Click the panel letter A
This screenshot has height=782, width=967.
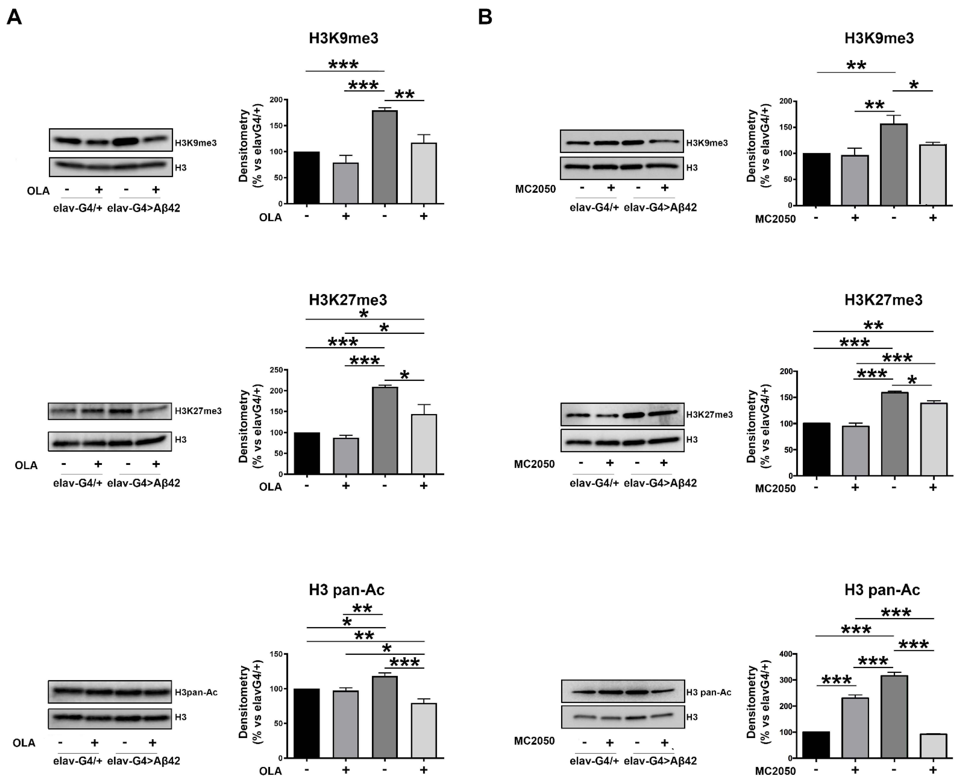(x=14, y=17)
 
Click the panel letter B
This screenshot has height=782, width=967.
(x=485, y=17)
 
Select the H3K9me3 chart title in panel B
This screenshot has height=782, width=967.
(x=879, y=38)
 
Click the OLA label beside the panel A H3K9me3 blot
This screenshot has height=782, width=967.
(x=38, y=191)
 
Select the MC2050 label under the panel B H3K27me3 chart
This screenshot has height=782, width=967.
(x=775, y=489)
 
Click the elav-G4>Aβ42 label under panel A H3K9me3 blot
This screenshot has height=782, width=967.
(x=143, y=208)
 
